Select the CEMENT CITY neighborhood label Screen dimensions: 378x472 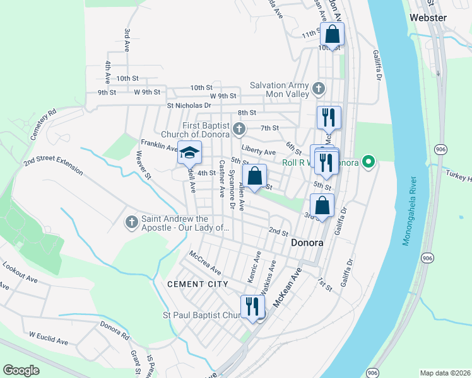pos(198,284)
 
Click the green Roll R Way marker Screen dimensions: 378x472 pos(370,163)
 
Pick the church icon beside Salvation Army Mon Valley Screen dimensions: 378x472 pos(319,89)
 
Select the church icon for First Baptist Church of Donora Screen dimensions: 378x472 pos(239,130)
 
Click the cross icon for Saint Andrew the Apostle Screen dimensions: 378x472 pos(131,222)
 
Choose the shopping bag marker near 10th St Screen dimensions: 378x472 pos(333,34)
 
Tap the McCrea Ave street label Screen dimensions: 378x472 pos(205,262)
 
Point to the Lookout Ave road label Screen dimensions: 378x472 pos(18,270)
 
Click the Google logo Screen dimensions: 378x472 pos(21,370)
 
